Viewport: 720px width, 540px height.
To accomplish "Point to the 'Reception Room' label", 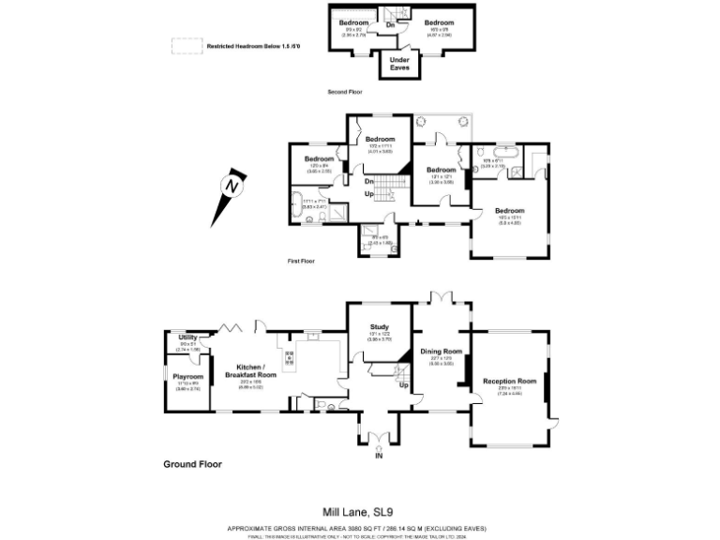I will pos(509,382).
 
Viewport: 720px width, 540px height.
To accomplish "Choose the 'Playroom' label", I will pos(187,377).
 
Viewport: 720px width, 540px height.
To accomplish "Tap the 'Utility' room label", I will pos(187,337).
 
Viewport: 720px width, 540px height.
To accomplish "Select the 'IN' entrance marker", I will pos(379,456).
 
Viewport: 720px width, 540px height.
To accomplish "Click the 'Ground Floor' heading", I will pos(192,464).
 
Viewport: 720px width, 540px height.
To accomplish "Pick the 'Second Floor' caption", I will pos(344,92).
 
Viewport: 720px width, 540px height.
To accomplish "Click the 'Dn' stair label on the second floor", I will pos(390,24).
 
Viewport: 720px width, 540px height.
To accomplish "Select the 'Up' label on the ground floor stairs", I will pos(404,385).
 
